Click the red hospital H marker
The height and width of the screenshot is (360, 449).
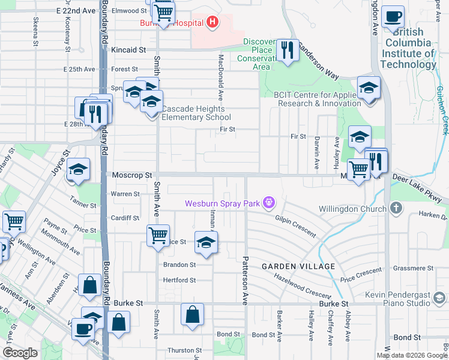211,23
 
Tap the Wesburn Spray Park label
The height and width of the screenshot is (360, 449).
221,203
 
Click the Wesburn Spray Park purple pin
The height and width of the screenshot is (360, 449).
269,203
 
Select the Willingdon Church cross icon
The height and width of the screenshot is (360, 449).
395,208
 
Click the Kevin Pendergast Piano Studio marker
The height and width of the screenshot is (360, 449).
439,297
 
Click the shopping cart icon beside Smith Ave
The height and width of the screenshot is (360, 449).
158,235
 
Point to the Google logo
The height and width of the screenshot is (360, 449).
20,352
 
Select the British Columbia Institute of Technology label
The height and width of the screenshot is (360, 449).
408,48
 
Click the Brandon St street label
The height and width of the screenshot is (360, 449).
179,265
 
